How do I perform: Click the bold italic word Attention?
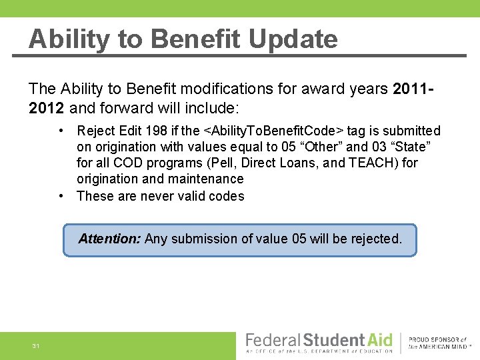click(x=109, y=239)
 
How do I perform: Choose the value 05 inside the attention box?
click(x=299, y=239)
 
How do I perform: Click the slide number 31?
click(x=35, y=346)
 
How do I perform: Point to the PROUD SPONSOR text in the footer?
click(x=437, y=339)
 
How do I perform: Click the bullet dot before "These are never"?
click(x=61, y=196)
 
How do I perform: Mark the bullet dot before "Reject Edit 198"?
click(x=61, y=131)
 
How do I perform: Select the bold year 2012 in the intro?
click(x=47, y=108)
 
